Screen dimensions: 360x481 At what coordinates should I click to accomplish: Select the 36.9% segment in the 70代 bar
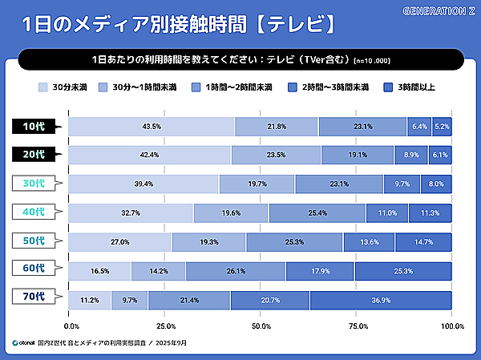point(380,300)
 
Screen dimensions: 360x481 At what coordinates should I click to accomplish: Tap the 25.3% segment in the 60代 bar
point(402,271)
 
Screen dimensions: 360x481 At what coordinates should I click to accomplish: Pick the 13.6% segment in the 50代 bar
point(369,242)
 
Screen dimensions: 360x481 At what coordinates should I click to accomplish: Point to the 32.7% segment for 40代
point(131,213)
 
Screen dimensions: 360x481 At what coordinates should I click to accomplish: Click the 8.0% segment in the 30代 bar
point(435,184)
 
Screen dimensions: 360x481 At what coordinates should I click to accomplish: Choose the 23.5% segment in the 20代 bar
point(276,156)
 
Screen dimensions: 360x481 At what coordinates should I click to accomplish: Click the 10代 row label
point(34,127)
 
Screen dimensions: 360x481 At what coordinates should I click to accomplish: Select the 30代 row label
point(34,184)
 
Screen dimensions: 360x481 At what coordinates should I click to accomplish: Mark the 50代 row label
point(34,241)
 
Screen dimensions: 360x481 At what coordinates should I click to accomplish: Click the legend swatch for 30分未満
point(42,87)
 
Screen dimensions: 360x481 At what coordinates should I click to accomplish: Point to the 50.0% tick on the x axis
point(261,326)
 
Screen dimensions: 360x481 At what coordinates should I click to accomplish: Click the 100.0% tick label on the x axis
point(452,326)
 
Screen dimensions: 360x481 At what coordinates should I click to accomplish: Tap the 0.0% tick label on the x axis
point(71,326)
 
